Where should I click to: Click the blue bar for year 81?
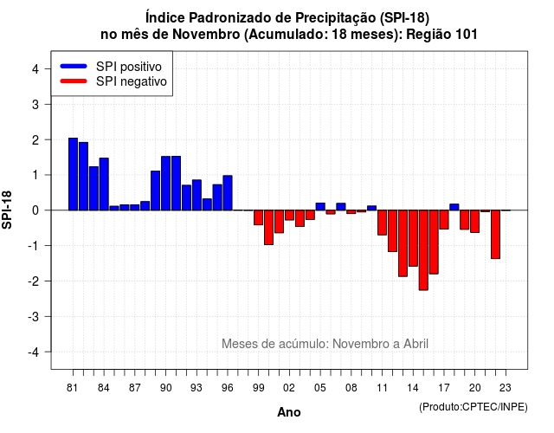point(73,174)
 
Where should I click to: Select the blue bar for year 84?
point(104,184)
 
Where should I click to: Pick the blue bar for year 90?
point(165,183)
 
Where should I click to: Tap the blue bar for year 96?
point(228,192)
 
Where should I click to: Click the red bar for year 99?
point(258,217)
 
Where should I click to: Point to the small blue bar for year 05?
point(320,206)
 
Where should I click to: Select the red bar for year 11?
point(382,223)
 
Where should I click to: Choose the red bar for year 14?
point(413,238)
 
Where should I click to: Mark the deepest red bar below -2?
point(423,250)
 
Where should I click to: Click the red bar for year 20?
point(475,222)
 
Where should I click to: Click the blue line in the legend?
point(74,66)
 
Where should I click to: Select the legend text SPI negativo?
point(132,81)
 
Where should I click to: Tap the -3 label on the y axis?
point(34,317)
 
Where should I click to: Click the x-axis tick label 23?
point(506,388)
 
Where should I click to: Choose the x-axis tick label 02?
point(289,388)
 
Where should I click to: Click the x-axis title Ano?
point(289,412)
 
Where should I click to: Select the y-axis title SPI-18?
point(7,210)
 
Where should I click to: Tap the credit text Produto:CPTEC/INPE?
point(473,407)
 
